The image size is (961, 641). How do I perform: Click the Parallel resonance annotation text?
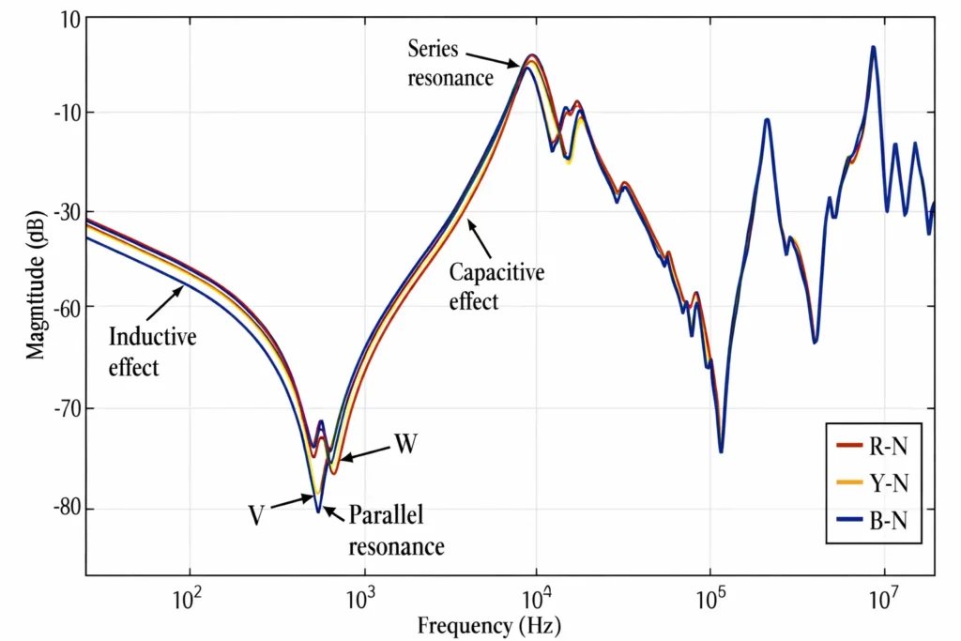pyautogui.click(x=396, y=529)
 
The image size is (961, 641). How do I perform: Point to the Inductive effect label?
pyautogui.click(x=152, y=351)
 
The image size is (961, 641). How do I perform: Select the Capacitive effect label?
pyautogui.click(x=496, y=287)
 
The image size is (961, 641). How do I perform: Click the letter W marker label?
pyautogui.click(x=404, y=443)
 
